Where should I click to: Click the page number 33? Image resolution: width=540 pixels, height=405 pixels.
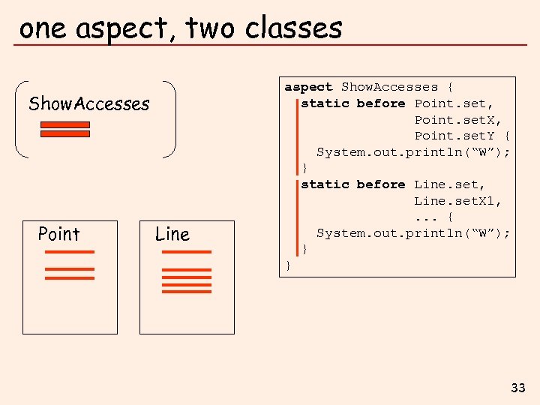pos(518,388)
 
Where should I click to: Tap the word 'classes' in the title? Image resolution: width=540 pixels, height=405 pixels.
pos(294,28)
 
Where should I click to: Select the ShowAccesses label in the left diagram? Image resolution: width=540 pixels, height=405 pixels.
pos(88,103)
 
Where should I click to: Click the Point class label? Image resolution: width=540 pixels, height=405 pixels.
pos(58,234)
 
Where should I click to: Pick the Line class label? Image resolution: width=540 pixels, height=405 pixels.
pos(172,234)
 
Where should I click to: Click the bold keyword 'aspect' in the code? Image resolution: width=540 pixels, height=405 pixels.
pos(308,87)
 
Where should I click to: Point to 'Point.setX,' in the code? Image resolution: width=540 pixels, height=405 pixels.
pos(458,120)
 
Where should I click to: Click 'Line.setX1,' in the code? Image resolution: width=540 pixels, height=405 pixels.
pos(458,201)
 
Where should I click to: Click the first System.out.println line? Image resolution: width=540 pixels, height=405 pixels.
pos(413,152)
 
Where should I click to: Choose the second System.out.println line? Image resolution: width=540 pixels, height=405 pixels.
pos(413,233)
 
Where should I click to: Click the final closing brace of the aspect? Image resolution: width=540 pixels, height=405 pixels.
pos(288,265)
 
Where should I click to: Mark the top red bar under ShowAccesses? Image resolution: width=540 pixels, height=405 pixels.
pos(64,124)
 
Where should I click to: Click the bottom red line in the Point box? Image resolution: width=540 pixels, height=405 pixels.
pos(70,277)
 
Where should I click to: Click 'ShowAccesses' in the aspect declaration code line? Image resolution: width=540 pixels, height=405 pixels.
pos(389,87)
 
